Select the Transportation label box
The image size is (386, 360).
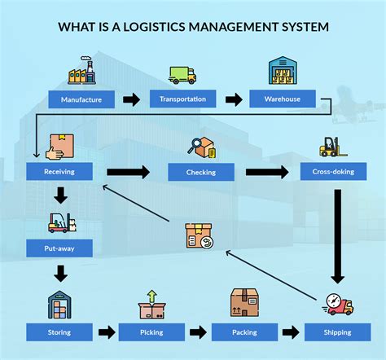coord(183,100)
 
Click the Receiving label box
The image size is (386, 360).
coord(59,172)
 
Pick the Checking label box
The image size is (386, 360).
coord(200,172)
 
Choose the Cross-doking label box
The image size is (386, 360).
coord(334,172)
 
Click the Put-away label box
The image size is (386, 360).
coord(59,246)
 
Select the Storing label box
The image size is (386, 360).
coord(59,331)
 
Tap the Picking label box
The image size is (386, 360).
coord(151,331)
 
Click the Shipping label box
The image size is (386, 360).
coord(337,331)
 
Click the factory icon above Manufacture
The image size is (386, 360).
coord(81,72)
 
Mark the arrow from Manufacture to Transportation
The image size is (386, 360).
coord(131,100)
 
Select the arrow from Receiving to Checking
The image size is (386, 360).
coord(129,172)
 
